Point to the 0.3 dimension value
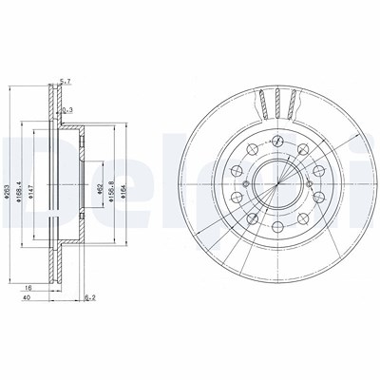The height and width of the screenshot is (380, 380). [x=66, y=111]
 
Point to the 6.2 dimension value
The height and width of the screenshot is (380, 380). [x=89, y=298]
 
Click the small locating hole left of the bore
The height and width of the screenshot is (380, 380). [x=246, y=184]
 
